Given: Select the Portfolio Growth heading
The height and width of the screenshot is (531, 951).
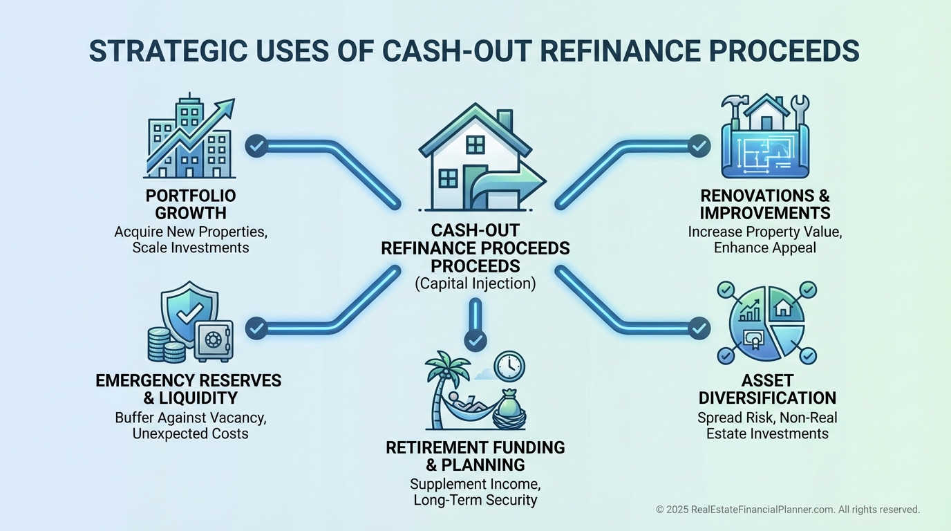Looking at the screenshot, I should click(191, 204).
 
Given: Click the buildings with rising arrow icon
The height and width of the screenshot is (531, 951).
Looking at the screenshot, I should click(190, 138).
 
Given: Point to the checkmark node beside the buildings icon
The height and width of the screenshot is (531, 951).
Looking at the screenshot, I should click(256, 145).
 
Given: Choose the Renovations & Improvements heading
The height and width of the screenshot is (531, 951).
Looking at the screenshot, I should click(764, 204).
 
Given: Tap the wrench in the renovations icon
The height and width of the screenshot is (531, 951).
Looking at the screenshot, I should click(800, 107).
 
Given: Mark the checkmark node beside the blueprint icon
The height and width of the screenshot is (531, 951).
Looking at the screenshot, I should click(699, 145).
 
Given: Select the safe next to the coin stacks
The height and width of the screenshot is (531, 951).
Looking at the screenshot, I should click(213, 341).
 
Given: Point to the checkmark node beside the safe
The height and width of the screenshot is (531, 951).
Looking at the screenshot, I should click(256, 327).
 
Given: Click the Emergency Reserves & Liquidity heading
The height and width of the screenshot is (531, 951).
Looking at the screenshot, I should click(189, 389).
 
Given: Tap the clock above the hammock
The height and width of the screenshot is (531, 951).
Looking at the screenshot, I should click(509, 366).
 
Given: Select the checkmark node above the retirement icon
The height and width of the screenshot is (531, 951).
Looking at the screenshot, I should click(475, 339).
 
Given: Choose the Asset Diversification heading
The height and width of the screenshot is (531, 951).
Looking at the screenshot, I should click(767, 389).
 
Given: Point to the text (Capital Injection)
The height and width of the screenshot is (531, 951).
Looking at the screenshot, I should click(475, 283).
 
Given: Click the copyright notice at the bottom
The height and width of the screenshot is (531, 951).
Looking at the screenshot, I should click(787, 510).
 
